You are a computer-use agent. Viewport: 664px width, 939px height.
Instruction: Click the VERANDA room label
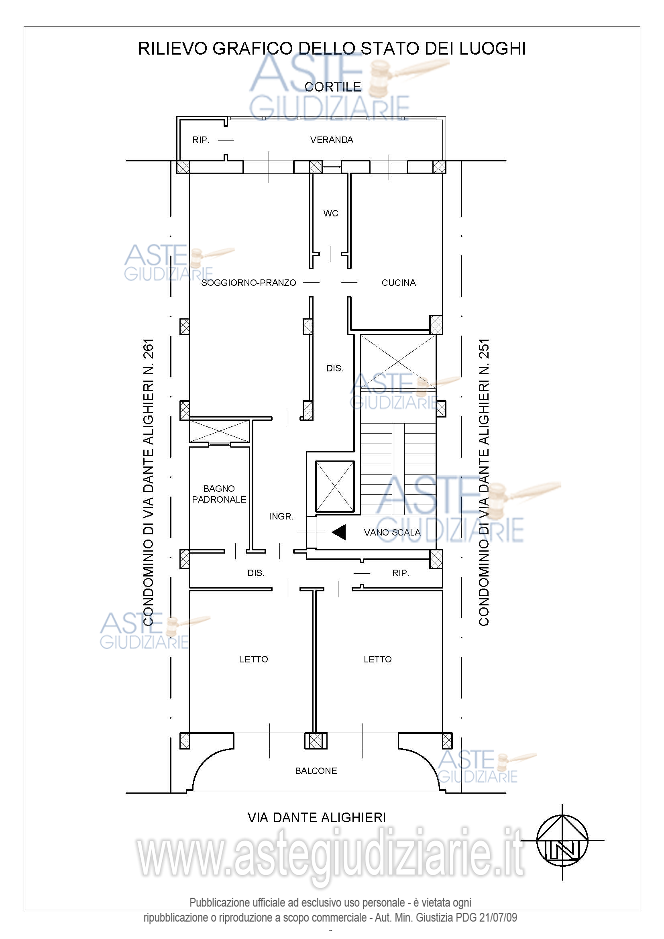[x=332, y=140]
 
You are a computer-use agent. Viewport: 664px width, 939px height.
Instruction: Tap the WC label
[x=331, y=213]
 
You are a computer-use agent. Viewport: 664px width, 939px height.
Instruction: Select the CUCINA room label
[x=399, y=283]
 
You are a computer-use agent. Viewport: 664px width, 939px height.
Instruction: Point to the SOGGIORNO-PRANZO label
[x=248, y=283]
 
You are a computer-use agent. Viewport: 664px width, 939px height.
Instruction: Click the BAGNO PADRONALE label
[x=219, y=494]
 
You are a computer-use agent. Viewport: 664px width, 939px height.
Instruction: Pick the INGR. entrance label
[x=281, y=517]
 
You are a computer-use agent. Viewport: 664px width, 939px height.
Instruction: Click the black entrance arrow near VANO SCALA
[x=339, y=532]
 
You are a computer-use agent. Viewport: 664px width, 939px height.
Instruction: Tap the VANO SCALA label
[x=392, y=532]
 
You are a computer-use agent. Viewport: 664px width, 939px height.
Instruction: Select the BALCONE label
[x=316, y=771]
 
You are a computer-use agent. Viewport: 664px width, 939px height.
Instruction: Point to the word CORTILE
[x=333, y=87]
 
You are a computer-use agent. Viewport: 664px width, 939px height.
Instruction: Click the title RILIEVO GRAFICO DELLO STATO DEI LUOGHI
[x=332, y=49]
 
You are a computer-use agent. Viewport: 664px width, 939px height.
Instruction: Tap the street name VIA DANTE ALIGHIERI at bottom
[x=317, y=817]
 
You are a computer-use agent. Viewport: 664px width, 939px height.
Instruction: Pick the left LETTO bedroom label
[x=254, y=659]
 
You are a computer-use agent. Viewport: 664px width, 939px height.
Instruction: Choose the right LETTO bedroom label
[x=378, y=659]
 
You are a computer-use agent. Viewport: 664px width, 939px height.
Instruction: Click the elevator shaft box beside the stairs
[x=335, y=486]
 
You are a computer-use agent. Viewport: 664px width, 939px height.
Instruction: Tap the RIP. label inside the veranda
[x=201, y=140]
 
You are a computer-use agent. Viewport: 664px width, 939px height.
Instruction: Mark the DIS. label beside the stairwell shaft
[x=335, y=369]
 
